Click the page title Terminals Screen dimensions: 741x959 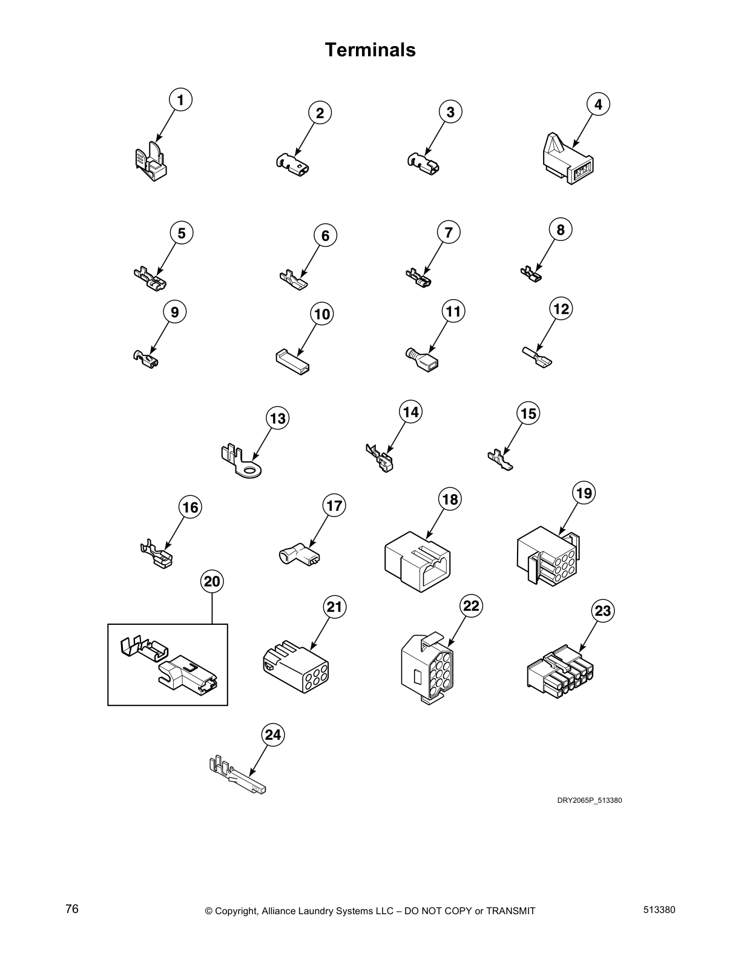coord(370,50)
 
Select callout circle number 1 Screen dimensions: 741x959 coord(180,99)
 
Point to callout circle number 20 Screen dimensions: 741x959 coord(212,582)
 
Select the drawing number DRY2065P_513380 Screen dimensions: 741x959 coord(589,800)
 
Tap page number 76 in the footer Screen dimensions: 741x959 coord(72,909)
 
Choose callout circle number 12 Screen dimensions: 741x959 coord(561,309)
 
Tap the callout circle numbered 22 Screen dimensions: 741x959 coord(471,605)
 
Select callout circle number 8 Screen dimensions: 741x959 coord(561,229)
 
